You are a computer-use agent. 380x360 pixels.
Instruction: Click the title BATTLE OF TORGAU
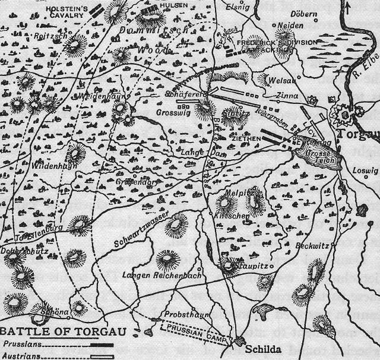coord(62,331)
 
